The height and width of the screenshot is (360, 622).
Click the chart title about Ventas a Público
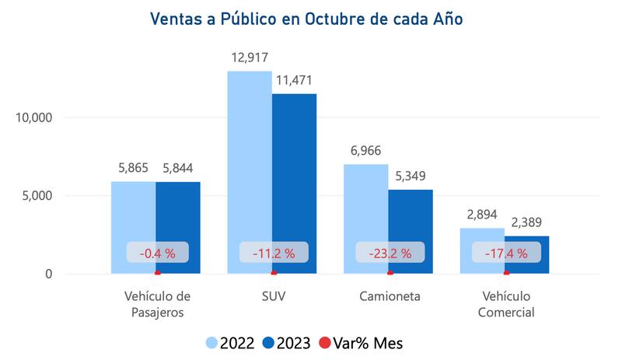click(x=311, y=18)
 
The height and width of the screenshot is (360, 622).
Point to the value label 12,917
click(x=250, y=58)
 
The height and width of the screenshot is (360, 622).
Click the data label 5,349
click(x=411, y=176)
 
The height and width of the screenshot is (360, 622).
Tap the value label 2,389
click(x=526, y=222)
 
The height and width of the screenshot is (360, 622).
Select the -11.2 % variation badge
click(x=274, y=253)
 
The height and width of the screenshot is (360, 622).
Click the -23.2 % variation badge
click(x=390, y=253)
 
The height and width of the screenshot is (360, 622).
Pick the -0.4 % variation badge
click(x=158, y=253)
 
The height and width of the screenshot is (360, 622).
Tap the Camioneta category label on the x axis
click(x=390, y=296)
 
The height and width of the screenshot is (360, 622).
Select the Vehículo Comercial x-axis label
click(x=507, y=304)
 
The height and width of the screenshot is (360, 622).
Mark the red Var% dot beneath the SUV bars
click(x=274, y=273)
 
